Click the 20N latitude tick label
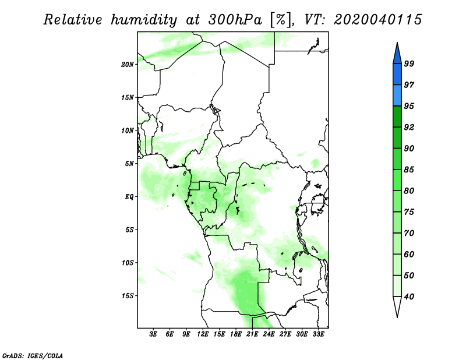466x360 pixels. (128, 65)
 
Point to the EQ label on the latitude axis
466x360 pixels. (129, 197)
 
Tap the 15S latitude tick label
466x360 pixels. (128, 296)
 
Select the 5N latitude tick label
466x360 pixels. (129, 164)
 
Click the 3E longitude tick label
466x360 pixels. (153, 334)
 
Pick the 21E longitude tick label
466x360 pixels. (252, 334)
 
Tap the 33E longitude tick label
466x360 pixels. (318, 334)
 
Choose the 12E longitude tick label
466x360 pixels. (203, 334)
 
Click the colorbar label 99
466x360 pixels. (409, 63)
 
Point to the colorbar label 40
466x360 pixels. (409, 297)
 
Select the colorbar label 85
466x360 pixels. (409, 170)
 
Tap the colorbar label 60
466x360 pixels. (409, 254)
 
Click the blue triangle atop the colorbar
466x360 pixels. (397, 55)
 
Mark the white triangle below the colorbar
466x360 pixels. (397, 305)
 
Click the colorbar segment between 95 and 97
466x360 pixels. (397, 96)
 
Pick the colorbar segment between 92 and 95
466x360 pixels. (397, 117)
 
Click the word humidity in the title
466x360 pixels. (143, 20)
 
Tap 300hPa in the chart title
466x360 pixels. (235, 20)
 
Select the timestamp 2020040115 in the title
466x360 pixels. (377, 20)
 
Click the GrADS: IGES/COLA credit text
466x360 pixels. (33, 355)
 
